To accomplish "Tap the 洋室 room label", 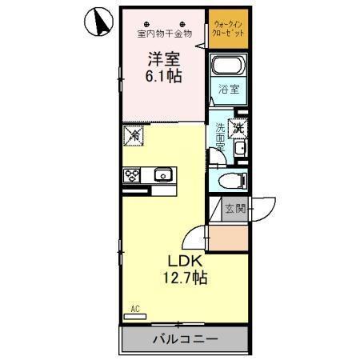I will click(162, 58).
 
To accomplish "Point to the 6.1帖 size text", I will click(162, 77).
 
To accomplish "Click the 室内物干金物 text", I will click(164, 34).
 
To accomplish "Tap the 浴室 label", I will click(229, 90).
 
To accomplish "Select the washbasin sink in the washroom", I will click(240, 151).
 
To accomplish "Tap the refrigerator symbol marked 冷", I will click(134, 138).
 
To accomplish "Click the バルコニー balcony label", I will click(185, 339).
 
